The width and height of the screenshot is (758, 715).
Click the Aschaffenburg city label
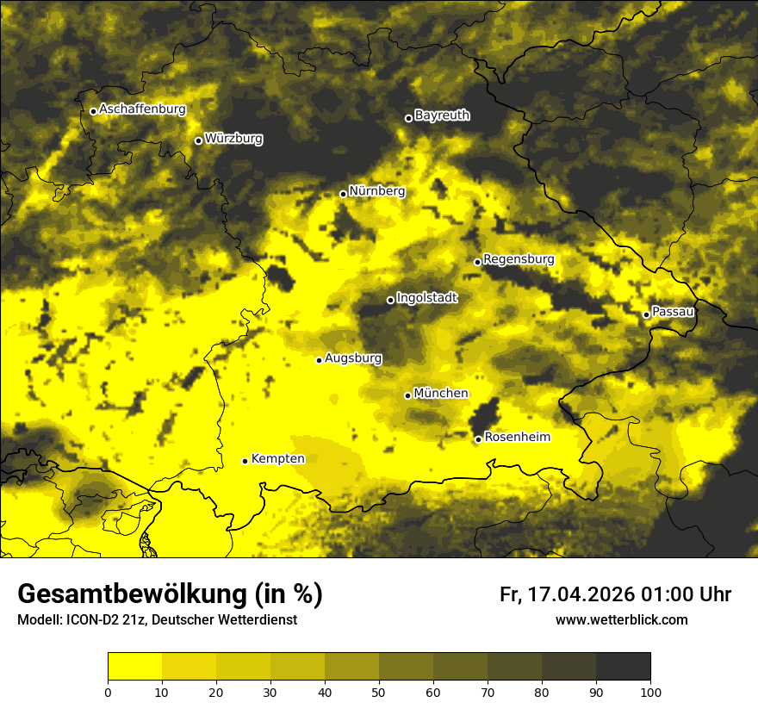pyautogui.click(x=142, y=109)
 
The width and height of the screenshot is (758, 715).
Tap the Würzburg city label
pyautogui.click(x=233, y=139)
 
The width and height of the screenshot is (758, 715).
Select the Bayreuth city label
pyautogui.click(x=442, y=115)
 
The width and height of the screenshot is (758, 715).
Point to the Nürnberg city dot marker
pyautogui.click(x=343, y=194)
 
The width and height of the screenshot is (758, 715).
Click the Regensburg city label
pyautogui.click(x=519, y=259)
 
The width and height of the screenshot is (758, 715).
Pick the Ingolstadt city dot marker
pyautogui.click(x=390, y=300)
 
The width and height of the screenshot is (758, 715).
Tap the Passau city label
pyautogui.click(x=673, y=312)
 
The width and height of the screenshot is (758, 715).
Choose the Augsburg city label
pyautogui.click(x=353, y=358)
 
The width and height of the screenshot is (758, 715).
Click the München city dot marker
pyautogui.click(x=407, y=395)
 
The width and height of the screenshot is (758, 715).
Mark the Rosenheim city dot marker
pyautogui.click(x=478, y=439)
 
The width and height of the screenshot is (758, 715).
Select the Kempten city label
pyautogui.click(x=277, y=459)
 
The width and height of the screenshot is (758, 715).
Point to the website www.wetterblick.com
pyautogui.click(x=621, y=620)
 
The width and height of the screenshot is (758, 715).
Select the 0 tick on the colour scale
pyautogui.click(x=108, y=691)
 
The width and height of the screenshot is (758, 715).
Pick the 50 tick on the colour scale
pyautogui.click(x=379, y=691)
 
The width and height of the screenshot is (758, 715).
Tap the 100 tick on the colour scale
pyautogui.click(x=650, y=691)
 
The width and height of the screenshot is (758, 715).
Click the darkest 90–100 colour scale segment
pyautogui.click(x=623, y=667)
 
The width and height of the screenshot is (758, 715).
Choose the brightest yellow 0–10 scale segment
pyautogui.click(x=134, y=667)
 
